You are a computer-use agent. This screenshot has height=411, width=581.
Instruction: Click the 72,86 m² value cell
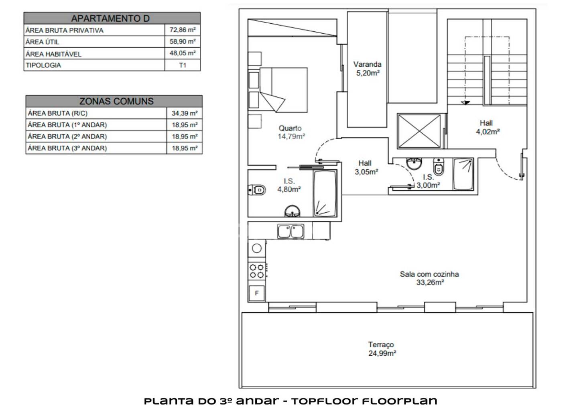(x=183, y=30)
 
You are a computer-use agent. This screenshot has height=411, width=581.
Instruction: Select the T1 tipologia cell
(x=183, y=65)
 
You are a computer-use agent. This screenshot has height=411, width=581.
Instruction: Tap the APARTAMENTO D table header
(x=112, y=18)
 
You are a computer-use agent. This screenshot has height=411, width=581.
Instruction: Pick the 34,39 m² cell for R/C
(x=185, y=113)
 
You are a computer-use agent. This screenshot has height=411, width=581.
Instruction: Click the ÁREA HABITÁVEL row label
(x=53, y=54)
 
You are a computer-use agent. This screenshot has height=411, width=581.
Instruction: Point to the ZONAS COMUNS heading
(x=116, y=101)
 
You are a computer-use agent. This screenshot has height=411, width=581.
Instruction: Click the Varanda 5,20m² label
(x=368, y=69)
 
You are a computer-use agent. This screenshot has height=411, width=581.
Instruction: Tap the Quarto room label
(x=290, y=128)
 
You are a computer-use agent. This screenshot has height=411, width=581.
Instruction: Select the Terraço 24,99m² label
(x=382, y=349)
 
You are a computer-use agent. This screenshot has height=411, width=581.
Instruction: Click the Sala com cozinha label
(x=429, y=274)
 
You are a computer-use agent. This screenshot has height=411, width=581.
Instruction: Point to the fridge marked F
(x=256, y=293)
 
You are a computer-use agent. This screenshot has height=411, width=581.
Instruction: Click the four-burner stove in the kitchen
(x=257, y=271)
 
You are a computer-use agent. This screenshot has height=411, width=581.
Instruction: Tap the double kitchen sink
(x=290, y=231)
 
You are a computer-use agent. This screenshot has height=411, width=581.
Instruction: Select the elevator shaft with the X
(x=419, y=131)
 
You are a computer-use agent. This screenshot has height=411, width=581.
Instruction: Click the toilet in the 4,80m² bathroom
(x=257, y=190)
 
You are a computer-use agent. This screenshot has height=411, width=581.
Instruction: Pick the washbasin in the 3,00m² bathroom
(x=414, y=163)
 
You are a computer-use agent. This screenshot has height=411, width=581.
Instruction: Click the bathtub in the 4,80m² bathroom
(x=325, y=193)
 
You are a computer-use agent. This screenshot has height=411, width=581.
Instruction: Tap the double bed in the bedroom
(x=284, y=90)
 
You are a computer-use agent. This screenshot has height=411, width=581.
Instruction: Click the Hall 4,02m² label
(x=488, y=127)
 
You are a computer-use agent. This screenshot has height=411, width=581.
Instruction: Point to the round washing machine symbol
(x=256, y=248)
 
